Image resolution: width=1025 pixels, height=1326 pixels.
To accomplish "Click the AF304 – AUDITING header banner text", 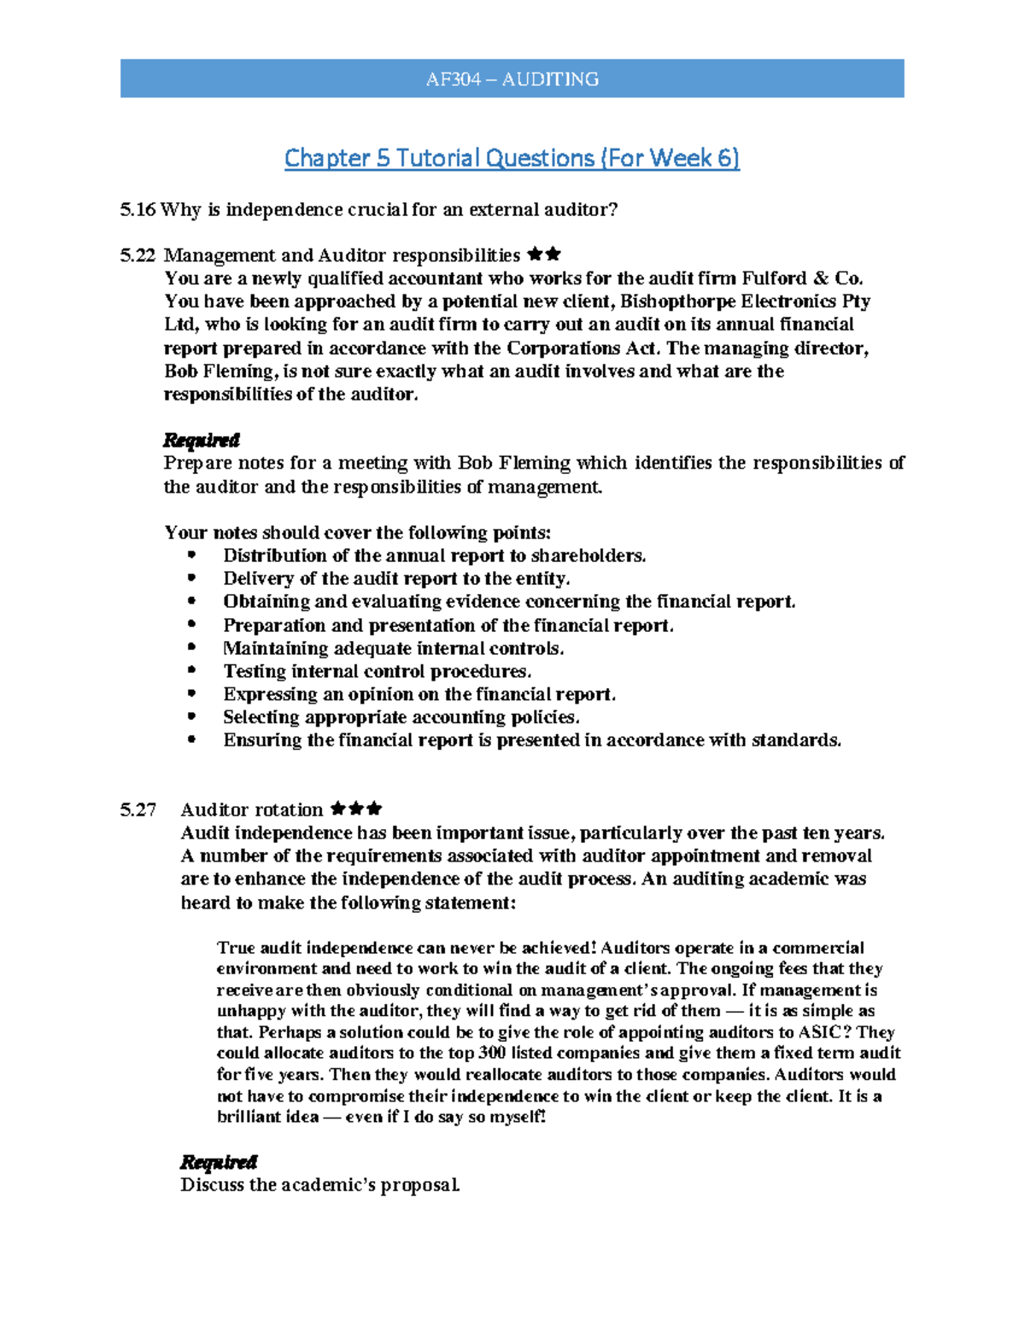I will (x=512, y=79).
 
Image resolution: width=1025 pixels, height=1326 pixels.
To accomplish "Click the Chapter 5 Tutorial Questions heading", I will (x=512, y=158).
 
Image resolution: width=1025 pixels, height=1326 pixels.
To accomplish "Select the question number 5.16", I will (x=138, y=210).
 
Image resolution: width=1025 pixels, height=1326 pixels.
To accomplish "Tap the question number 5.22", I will (x=138, y=255).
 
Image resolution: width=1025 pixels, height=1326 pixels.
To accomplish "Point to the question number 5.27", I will (x=138, y=809).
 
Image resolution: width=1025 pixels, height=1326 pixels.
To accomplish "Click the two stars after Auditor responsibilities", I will (x=544, y=254).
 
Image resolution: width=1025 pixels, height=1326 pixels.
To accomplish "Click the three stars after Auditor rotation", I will (x=355, y=809).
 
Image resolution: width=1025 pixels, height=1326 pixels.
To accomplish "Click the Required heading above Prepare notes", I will (x=201, y=440).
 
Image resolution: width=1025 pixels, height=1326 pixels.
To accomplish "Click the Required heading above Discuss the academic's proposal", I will (x=219, y=1162).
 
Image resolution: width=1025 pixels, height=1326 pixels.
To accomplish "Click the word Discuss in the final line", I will (x=213, y=1185).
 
